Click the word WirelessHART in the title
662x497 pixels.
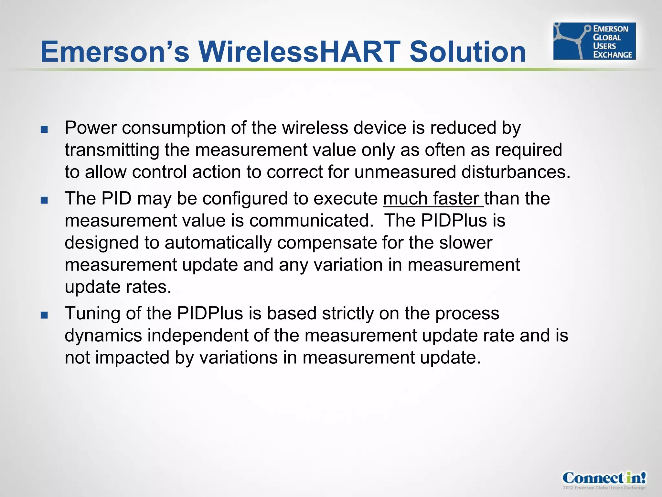pyautogui.click(x=299, y=52)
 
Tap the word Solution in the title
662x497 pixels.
pyautogui.click(x=467, y=52)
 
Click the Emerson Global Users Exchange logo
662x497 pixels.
pyautogui.click(x=594, y=41)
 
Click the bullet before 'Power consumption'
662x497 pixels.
pyautogui.click(x=44, y=130)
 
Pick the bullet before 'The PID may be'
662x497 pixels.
pyautogui.click(x=44, y=200)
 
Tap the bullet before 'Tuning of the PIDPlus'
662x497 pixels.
pyautogui.click(x=44, y=315)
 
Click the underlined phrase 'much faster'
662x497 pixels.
pyautogui.click(x=432, y=198)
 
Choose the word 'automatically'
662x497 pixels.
pyautogui.click(x=218, y=243)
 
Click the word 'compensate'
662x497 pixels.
pyautogui.click(x=327, y=243)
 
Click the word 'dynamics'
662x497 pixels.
pyautogui.click(x=103, y=336)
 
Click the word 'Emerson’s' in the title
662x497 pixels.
pyautogui.click(x=115, y=52)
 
